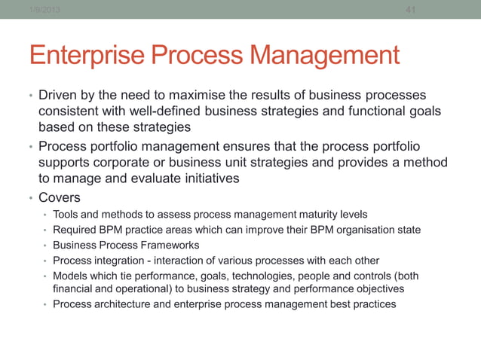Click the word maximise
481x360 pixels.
pyautogui.click(x=231, y=96)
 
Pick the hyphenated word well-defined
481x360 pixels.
pyautogui.click(x=149, y=112)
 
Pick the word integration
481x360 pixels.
pyautogui.click(x=118, y=260)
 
